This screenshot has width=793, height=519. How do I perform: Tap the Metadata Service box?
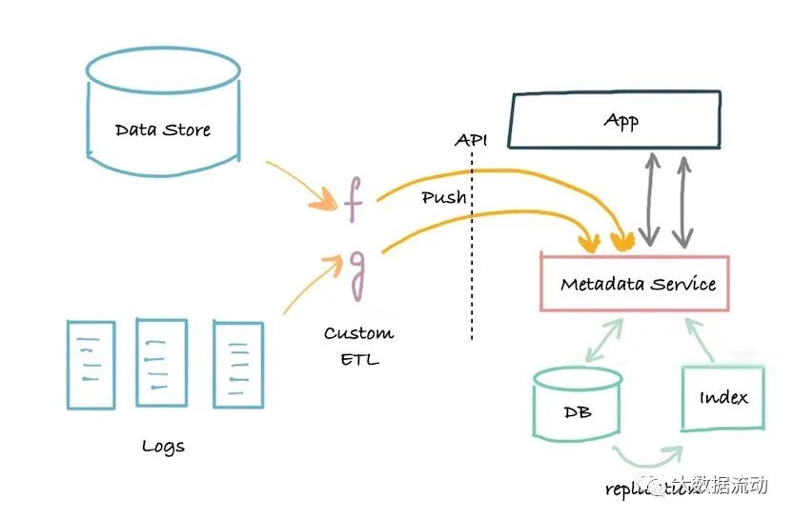[635, 283]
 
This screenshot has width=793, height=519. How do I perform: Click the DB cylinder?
[578, 406]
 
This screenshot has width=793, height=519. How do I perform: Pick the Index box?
[723, 397]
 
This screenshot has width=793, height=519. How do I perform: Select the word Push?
[443, 197]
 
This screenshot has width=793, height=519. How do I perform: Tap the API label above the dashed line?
[470, 140]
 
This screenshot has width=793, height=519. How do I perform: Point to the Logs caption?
[163, 446]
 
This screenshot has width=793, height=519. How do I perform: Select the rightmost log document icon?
[237, 361]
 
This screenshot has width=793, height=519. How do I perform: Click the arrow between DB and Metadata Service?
[602, 339]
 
